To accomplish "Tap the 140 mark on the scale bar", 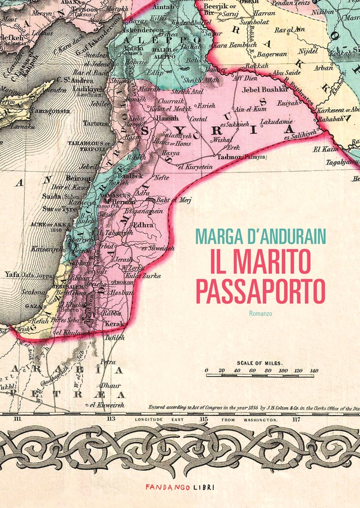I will point(313,371).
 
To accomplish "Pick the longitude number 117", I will point(295,418).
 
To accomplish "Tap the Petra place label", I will point(108,362).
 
